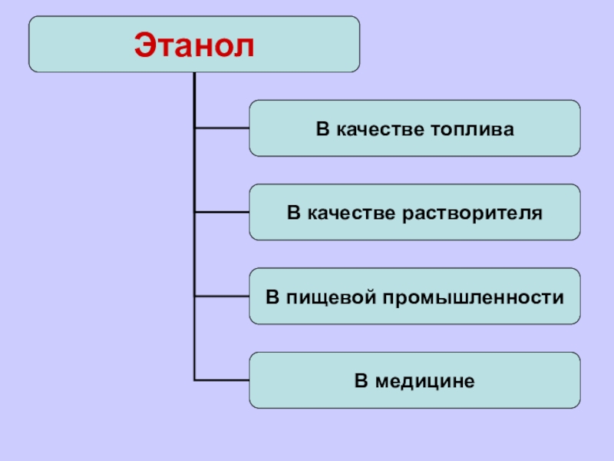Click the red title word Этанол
coord(194,45)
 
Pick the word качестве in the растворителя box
coord(345,212)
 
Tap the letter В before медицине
coord(361,380)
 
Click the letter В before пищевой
coord(272,297)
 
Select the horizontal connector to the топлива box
coord(222,128)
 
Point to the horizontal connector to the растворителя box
coord(222,212)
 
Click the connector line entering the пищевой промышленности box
coord(222,297)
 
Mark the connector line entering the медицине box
coord(222,380)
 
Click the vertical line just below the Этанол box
coord(195,88)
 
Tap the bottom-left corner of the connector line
coord(196,380)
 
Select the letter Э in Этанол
coord(144,45)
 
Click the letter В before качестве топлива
coord(322,128)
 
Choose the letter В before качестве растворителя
coord(293,212)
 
